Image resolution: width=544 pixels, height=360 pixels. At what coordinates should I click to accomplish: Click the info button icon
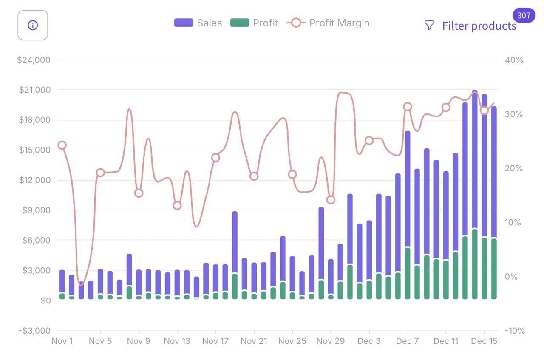tap(33, 26)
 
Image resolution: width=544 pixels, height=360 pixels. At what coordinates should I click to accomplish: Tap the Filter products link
tap(479, 26)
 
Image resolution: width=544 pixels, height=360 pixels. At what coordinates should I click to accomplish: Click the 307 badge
tap(524, 16)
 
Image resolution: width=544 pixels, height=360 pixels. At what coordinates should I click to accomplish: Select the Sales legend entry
tap(198, 23)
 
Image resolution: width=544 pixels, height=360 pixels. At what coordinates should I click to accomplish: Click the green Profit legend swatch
tap(239, 23)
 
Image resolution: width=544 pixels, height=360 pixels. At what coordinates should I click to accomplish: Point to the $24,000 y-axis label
tap(34, 60)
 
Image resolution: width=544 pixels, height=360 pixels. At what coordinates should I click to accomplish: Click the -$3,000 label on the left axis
tap(34, 331)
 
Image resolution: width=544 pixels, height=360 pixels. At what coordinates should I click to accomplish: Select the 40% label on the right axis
tap(514, 60)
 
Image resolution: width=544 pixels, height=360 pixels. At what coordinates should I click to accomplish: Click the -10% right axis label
tap(514, 331)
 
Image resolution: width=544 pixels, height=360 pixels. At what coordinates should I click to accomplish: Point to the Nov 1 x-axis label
tap(62, 341)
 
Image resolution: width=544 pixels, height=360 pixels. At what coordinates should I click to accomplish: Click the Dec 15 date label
tap(484, 341)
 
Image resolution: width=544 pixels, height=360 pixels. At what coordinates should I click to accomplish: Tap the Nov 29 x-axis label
tap(331, 341)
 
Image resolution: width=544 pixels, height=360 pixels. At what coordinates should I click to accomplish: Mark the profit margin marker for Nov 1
tap(62, 145)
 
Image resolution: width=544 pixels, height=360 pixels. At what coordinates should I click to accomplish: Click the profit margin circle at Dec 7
tap(408, 107)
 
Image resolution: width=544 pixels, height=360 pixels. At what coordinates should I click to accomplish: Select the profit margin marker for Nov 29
tap(331, 200)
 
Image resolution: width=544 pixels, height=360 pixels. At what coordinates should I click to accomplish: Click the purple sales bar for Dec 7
tap(408, 187)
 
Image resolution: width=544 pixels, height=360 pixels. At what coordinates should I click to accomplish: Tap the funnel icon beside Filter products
tap(429, 26)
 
